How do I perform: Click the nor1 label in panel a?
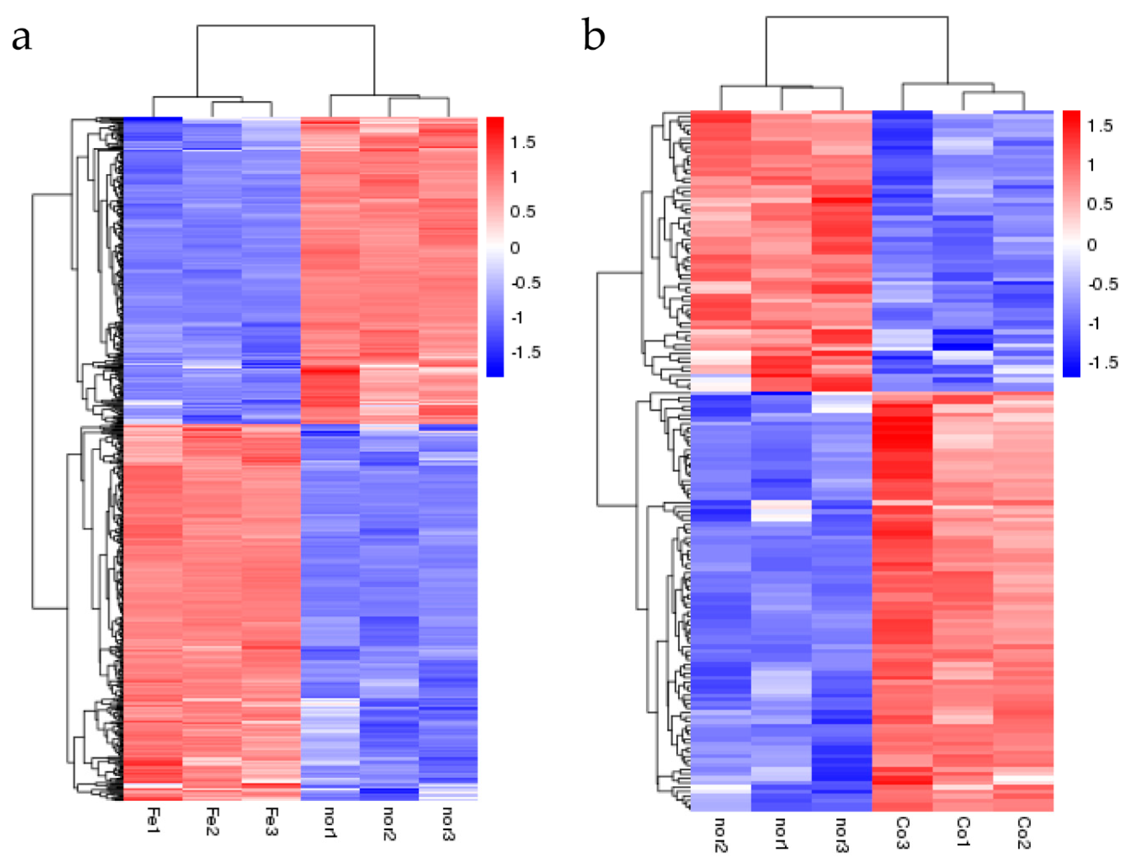330,822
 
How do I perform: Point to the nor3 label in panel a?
448,824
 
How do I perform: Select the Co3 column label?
903,832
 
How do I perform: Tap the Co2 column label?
1024,832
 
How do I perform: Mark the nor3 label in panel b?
842,834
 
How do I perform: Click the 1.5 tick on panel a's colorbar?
523,143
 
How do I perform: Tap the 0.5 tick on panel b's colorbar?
1099,204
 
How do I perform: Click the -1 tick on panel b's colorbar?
1094,323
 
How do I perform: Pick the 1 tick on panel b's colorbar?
1091,165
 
